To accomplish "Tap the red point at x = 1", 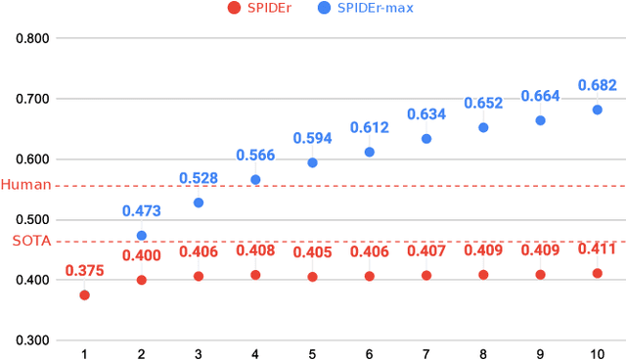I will (84, 294).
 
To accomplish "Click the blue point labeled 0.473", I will (141, 235).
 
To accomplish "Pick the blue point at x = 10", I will (597, 110).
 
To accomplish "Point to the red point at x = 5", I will (312, 277).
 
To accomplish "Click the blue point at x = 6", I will (369, 152).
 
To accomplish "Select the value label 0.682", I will (597, 84).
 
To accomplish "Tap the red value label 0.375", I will (84, 271).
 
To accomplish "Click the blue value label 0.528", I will (199, 178).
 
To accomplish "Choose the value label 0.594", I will (312, 137).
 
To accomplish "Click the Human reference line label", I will (26, 185).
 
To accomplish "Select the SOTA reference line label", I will (31, 241).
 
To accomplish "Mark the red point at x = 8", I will (483, 275).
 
